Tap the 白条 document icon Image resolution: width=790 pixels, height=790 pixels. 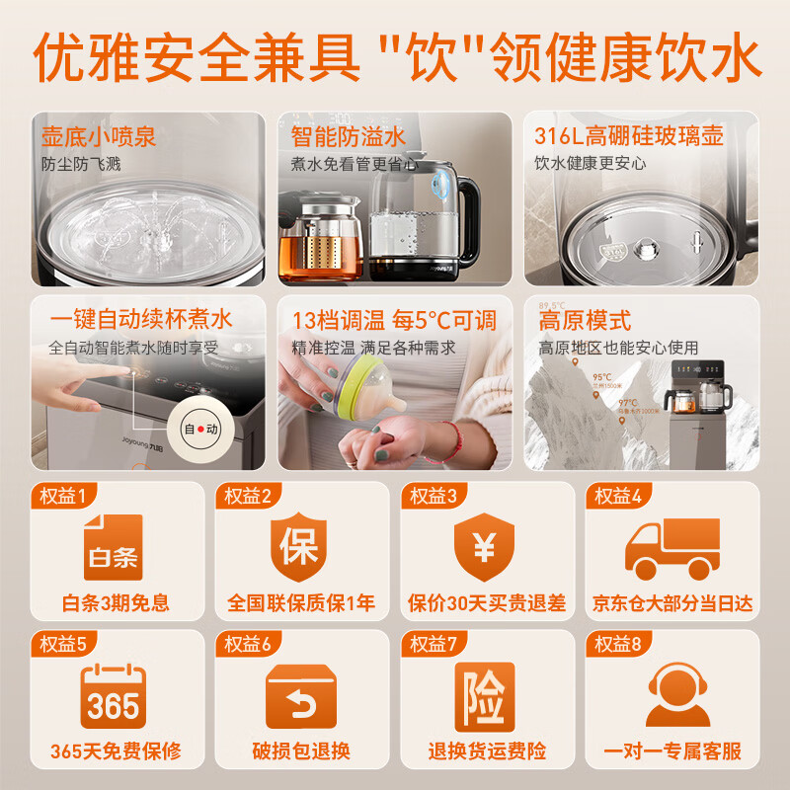(112, 547)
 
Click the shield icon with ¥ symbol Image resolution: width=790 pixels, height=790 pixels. (484, 547)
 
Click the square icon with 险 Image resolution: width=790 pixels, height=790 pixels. (484, 697)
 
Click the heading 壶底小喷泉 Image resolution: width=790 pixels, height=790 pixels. (99, 135)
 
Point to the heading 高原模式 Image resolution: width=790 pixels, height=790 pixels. (585, 321)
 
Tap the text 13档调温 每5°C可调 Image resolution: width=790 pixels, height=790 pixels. (394, 321)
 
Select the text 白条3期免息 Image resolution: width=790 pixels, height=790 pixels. (116, 602)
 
